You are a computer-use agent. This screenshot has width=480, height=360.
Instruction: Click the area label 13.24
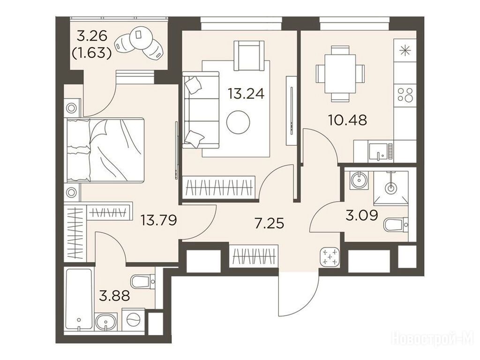coord(246,93)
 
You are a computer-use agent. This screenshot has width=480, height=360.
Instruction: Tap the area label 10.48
coord(347,120)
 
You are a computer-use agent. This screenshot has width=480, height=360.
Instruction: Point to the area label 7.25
coord(270,223)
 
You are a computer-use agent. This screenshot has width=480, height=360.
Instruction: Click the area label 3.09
coord(362,216)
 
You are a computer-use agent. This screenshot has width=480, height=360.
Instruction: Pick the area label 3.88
coord(114,296)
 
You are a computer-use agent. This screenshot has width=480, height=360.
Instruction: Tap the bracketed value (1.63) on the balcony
coord(91,53)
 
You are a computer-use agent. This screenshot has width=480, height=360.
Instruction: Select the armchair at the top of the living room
coord(248,56)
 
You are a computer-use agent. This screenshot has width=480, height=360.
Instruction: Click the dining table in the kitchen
coord(340,74)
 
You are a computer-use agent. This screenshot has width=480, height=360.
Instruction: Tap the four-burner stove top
coord(405,94)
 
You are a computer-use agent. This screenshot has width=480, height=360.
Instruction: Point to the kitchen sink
coord(381,152)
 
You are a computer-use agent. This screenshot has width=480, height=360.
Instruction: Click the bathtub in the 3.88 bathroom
coord(79,300)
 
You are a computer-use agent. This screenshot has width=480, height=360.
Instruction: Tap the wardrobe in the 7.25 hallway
coord(254,255)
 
